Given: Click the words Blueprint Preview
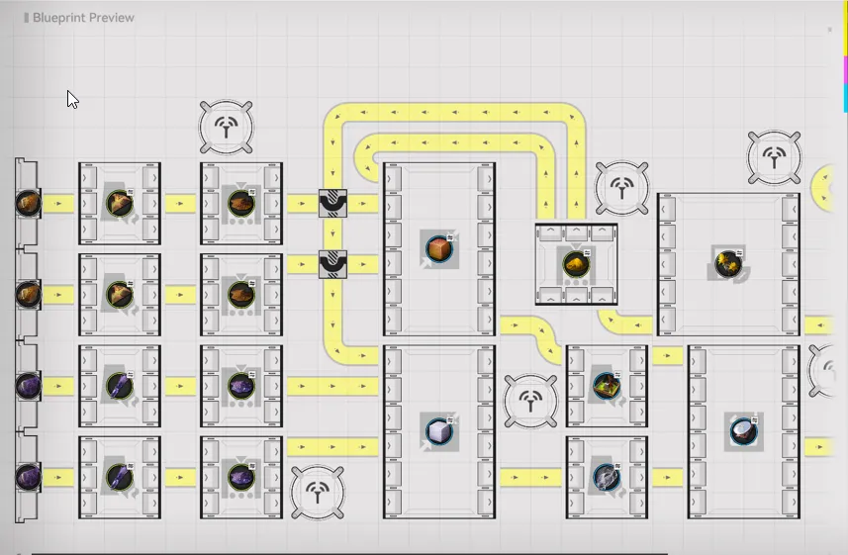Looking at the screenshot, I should point(83,18).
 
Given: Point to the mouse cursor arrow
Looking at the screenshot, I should point(71,99).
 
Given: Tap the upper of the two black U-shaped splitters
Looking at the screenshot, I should point(332,204).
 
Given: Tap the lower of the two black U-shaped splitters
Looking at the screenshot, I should point(332,264).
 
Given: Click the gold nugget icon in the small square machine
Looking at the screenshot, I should point(576,264).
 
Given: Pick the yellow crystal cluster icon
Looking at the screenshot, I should point(728,263).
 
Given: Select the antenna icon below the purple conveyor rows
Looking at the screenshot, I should point(317,492).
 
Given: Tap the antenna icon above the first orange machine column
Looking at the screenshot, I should point(227,127).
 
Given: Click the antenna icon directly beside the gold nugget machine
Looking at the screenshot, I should point(621,188).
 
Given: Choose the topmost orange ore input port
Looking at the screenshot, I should point(28,203).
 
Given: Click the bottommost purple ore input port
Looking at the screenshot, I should point(28,478).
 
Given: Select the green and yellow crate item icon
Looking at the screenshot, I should point(606,386).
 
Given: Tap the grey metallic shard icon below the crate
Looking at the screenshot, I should point(606,478).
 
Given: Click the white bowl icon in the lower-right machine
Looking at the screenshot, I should point(743,430).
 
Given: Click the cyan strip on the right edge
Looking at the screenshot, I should point(844,98).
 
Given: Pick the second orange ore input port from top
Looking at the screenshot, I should point(28,294).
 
